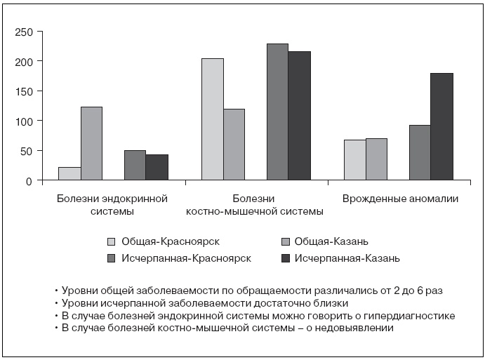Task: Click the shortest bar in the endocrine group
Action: [x=70, y=173]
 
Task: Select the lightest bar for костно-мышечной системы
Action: [x=213, y=119]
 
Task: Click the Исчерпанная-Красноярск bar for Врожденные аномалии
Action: [x=420, y=153]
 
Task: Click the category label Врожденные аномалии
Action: [x=400, y=199]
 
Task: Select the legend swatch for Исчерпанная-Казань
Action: [x=285, y=258]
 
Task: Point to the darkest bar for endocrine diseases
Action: [x=157, y=168]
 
